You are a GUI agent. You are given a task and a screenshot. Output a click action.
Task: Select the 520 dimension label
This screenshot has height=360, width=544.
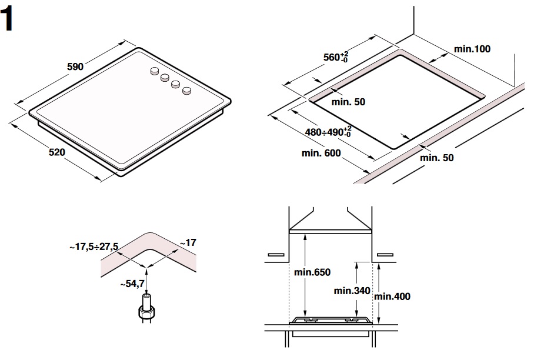[x=56, y=152]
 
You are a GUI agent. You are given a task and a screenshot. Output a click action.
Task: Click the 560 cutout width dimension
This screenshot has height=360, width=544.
[x=336, y=57]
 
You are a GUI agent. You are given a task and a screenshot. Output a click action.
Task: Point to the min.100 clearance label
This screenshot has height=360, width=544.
[x=472, y=49]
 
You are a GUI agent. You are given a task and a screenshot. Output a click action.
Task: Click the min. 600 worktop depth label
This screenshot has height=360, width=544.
[x=321, y=154]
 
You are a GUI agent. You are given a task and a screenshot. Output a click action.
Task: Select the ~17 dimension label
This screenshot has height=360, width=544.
[x=188, y=242]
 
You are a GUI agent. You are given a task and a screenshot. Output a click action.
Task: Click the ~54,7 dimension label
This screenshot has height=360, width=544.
[x=132, y=284]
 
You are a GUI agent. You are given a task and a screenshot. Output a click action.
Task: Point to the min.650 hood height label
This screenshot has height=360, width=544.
[x=312, y=272]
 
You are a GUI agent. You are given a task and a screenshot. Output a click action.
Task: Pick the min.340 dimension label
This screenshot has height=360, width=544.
[x=352, y=291]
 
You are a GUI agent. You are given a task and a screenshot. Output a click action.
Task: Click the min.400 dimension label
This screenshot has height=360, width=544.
[x=392, y=296]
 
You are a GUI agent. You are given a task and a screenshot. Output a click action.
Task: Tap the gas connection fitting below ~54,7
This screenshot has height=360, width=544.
[x=146, y=309]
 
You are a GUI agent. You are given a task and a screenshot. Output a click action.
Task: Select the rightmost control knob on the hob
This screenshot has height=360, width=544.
[x=187, y=91]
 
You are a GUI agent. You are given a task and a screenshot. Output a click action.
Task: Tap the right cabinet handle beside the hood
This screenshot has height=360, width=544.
[x=385, y=255]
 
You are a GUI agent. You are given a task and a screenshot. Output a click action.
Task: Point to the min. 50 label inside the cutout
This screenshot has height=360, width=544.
[x=348, y=102]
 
